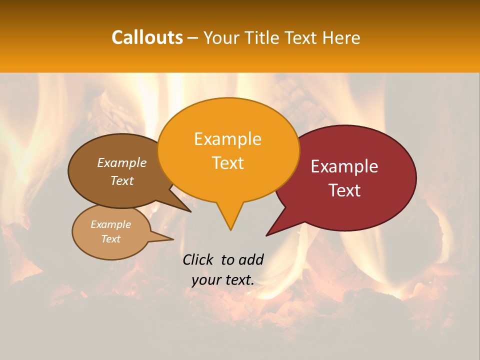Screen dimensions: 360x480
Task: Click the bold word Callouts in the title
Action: point(147,37)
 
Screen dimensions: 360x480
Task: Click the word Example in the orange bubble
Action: point(228,139)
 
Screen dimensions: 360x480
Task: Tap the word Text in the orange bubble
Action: point(228,163)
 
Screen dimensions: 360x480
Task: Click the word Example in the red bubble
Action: point(344,166)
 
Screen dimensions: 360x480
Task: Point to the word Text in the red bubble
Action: point(344,190)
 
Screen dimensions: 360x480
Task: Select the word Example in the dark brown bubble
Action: point(122,162)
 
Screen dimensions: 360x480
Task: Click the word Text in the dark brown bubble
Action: point(122,180)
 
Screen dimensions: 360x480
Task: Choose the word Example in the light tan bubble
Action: point(110,224)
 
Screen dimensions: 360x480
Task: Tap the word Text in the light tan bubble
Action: point(110,239)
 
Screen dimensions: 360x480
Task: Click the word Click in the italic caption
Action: point(198,259)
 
